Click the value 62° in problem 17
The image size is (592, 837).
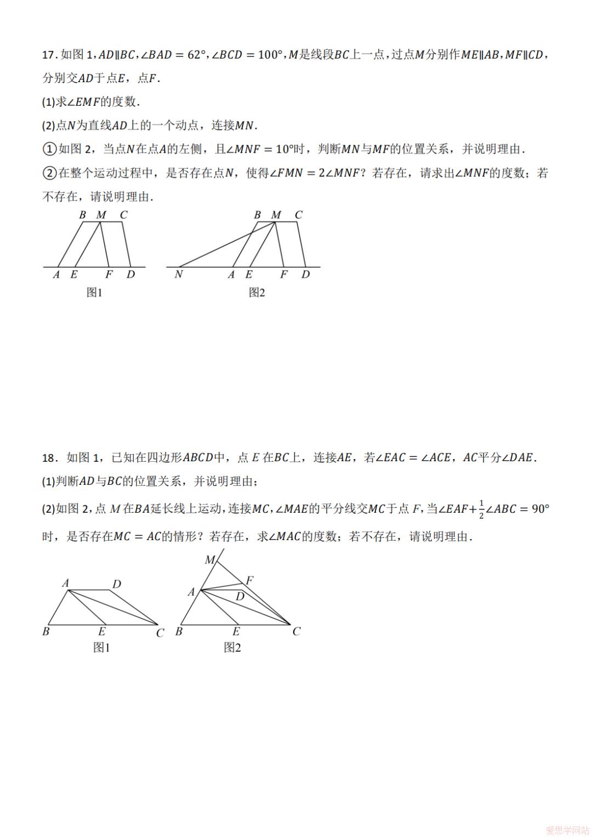(x=196, y=55)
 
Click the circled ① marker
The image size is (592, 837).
(x=49, y=149)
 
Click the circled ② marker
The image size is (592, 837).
(x=49, y=173)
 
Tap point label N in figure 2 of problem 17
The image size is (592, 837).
(x=178, y=274)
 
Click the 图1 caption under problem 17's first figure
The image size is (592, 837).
(x=95, y=293)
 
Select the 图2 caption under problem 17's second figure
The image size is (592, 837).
(x=257, y=293)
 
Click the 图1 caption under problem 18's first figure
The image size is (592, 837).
(x=101, y=647)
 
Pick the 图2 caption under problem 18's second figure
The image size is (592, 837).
(x=232, y=647)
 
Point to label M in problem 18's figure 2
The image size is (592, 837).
(x=210, y=559)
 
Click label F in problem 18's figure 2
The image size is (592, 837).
(x=250, y=580)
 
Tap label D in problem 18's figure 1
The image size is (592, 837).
(x=117, y=584)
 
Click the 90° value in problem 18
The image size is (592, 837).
(x=540, y=509)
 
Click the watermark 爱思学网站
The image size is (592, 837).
(x=565, y=829)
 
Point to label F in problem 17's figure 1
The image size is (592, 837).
(x=109, y=274)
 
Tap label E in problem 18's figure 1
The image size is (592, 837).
(x=102, y=632)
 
